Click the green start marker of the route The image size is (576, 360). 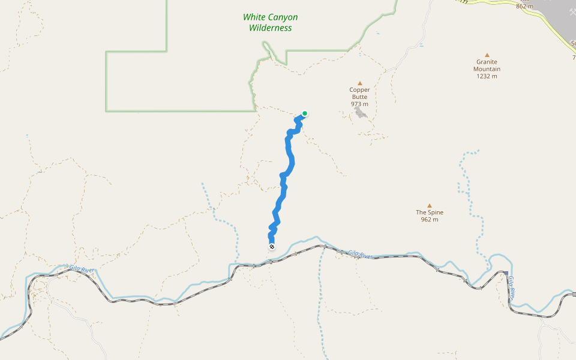tap(305, 113)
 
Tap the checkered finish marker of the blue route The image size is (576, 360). tap(272, 247)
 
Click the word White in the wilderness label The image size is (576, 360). tap(254, 17)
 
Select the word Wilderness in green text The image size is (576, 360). tap(271, 28)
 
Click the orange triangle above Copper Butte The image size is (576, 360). tap(360, 83)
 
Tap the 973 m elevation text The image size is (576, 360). tap(360, 104)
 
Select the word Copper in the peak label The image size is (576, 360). tap(360, 90)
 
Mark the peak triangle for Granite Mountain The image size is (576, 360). tap(487, 55)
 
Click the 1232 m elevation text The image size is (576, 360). tap(487, 76)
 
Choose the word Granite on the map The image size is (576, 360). tap(487, 62)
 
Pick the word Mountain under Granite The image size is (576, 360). tap(487, 69)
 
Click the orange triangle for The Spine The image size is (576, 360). tap(430, 205)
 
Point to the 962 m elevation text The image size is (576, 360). tap(430, 220)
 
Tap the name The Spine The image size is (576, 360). tap(430, 212)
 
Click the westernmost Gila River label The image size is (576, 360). tap(82, 269)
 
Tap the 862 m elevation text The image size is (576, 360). tap(524, 6)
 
